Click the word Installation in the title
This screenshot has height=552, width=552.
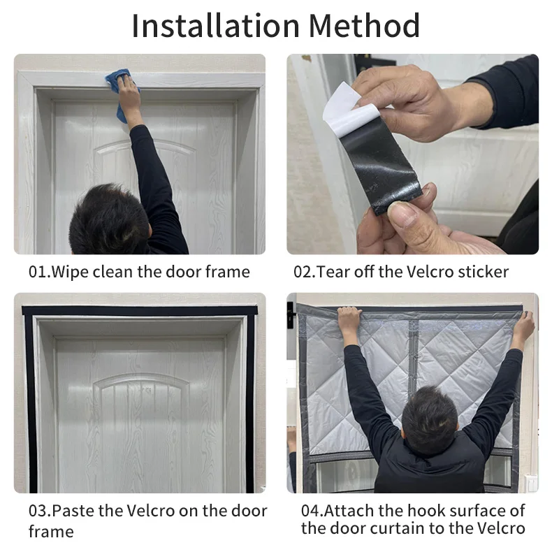click(215, 25)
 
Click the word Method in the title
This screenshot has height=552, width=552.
click(364, 25)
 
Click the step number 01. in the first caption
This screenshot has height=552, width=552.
click(40, 272)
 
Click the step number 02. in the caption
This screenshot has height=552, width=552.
click(305, 272)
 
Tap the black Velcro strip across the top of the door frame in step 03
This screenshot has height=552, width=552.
click(140, 310)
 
